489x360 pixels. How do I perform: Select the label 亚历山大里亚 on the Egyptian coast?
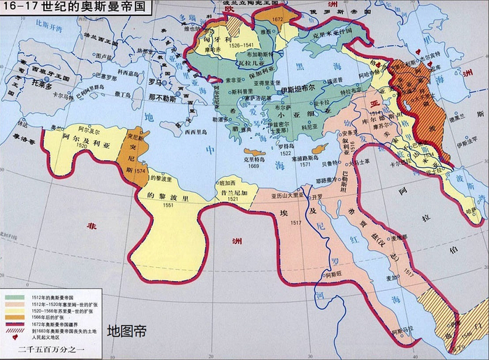[x=289, y=187]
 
